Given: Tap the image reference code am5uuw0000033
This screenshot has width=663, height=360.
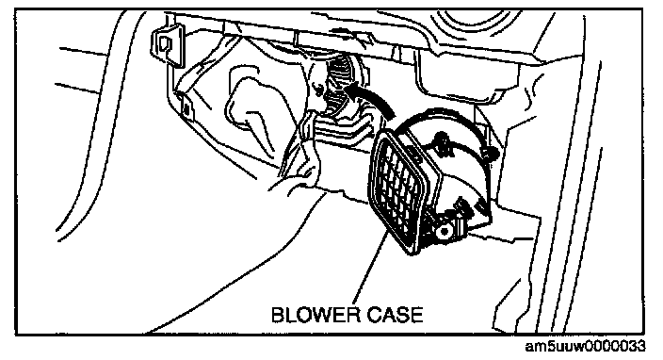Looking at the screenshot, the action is point(585,347).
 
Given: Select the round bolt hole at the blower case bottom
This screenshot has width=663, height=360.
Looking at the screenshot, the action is point(444,231).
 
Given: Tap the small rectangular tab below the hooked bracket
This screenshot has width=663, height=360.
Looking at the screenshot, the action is point(186,106).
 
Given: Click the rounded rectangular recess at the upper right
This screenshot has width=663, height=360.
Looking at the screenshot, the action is point(465,76).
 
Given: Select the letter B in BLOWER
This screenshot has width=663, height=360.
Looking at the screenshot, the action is point(278,315).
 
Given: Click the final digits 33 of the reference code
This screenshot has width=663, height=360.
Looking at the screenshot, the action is point(637,347).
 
